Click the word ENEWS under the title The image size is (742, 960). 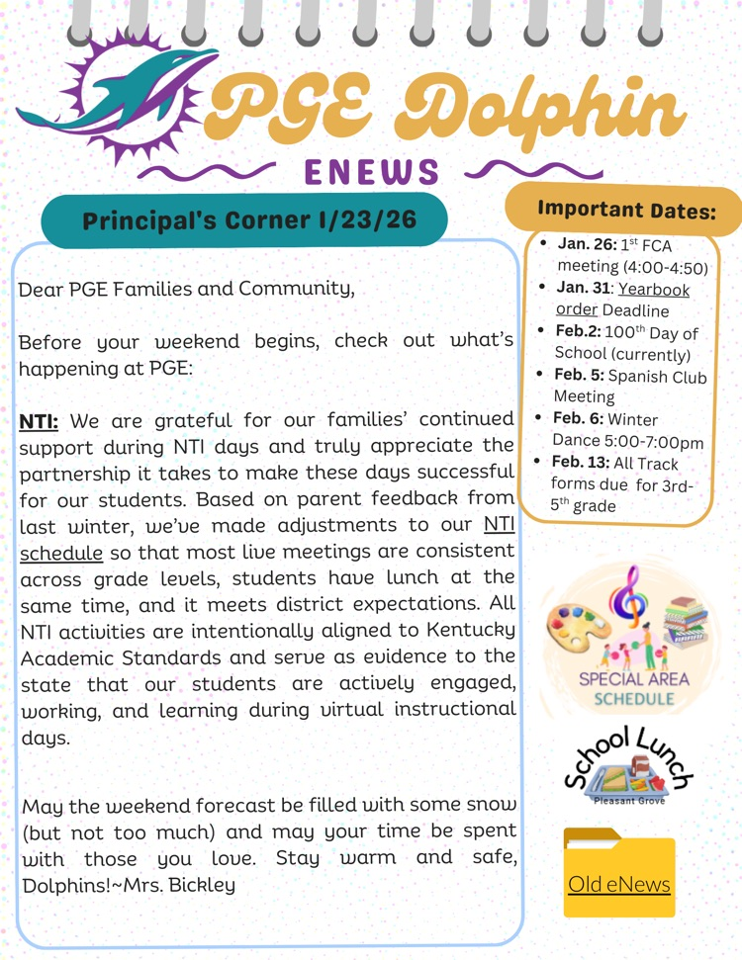click(x=371, y=173)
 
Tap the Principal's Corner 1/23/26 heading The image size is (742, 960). click(x=250, y=219)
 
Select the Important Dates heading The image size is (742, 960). click(x=626, y=210)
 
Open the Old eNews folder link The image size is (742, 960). click(x=619, y=883)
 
